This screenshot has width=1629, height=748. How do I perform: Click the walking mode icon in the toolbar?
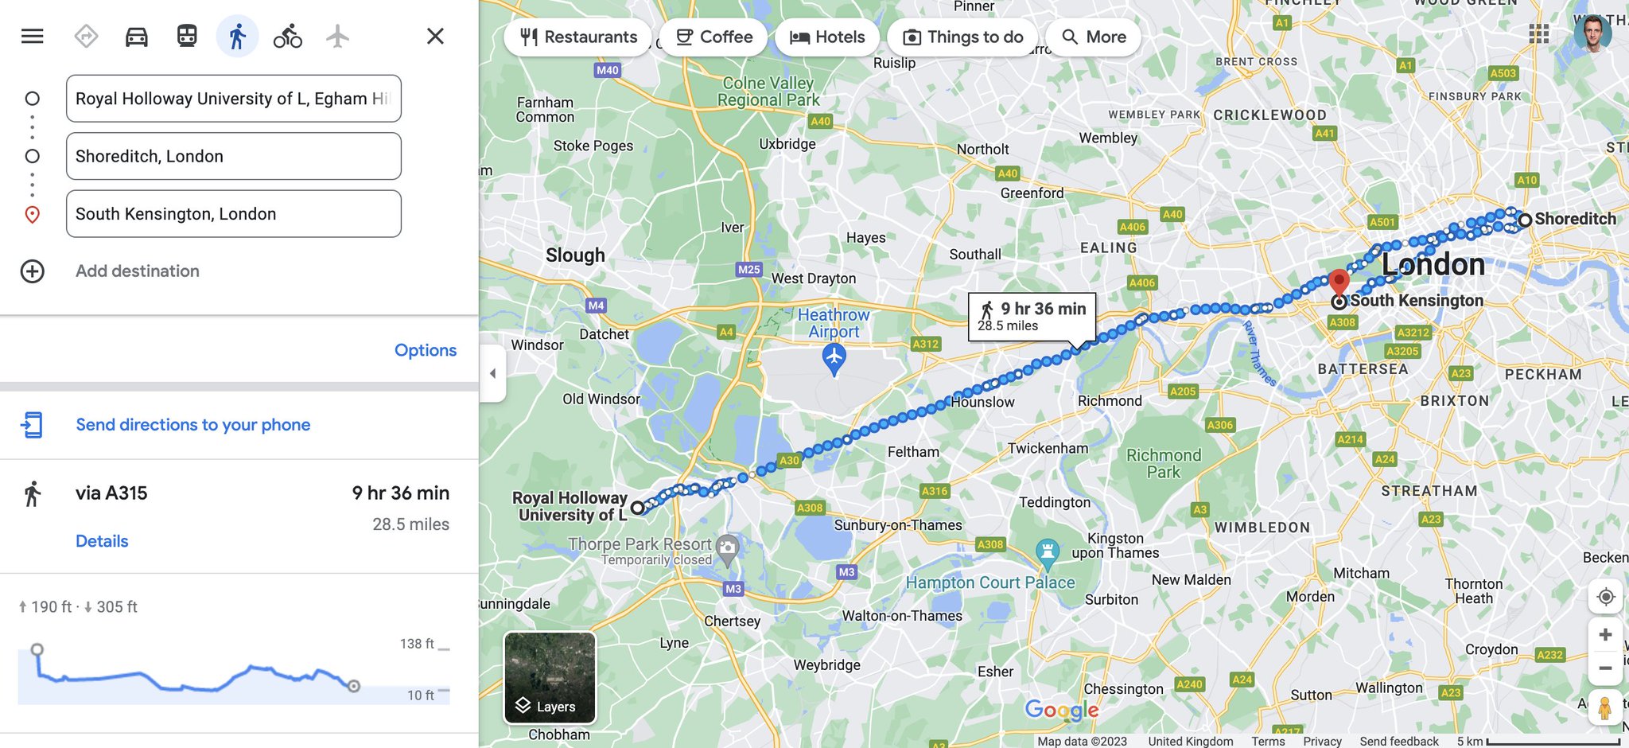(237, 37)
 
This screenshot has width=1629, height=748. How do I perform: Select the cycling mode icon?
(287, 37)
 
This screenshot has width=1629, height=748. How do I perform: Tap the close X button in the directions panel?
(435, 37)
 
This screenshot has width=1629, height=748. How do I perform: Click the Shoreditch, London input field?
(233, 156)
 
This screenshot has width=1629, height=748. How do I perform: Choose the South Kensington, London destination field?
(233, 214)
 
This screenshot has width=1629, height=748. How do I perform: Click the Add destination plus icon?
(33, 271)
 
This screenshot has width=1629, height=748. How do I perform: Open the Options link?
(425, 350)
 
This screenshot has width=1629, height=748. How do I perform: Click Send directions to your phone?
(192, 425)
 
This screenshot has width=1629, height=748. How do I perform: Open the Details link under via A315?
(102, 541)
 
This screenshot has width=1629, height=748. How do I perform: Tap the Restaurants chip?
(578, 37)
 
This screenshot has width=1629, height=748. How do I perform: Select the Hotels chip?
(827, 37)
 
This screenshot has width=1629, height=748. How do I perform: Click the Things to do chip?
(962, 37)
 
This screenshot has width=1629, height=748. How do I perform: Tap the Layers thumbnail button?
(550, 678)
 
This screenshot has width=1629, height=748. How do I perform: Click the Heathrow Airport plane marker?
(834, 359)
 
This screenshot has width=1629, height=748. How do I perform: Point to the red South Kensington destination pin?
(1339, 282)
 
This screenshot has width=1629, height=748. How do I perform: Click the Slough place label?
(575, 255)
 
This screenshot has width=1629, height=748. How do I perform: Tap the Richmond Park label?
(1163, 463)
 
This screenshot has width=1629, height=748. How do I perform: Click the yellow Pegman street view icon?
(1605, 707)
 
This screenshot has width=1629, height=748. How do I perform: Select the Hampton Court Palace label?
(990, 582)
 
